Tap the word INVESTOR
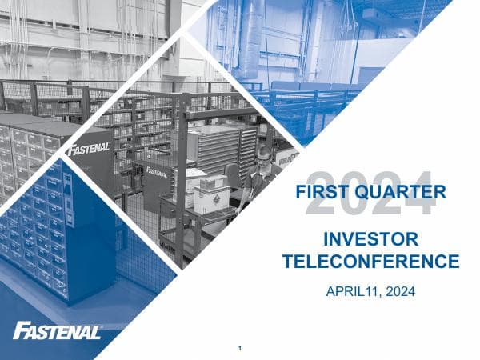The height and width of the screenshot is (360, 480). pyautogui.click(x=370, y=240)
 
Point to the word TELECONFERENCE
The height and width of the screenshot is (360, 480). pyautogui.click(x=371, y=262)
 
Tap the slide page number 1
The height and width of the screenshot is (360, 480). pyautogui.click(x=240, y=348)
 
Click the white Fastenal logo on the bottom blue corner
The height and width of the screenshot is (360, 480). pyautogui.click(x=57, y=330)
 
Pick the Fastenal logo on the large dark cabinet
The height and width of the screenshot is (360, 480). pyautogui.click(x=88, y=150)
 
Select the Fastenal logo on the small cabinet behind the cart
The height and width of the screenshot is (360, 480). pyautogui.click(x=157, y=171)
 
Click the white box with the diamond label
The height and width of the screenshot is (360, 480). pyautogui.click(x=211, y=198)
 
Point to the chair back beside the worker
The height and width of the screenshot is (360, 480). pyautogui.click(x=234, y=175)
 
